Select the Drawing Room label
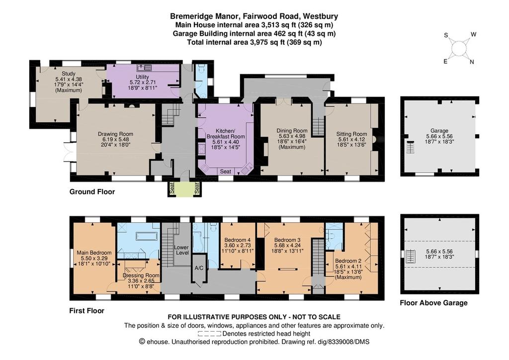115,134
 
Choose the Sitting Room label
351,134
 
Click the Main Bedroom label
94,253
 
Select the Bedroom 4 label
238,241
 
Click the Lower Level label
181,250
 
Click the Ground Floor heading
92,191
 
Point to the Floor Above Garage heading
433,302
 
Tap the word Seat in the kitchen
226,171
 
